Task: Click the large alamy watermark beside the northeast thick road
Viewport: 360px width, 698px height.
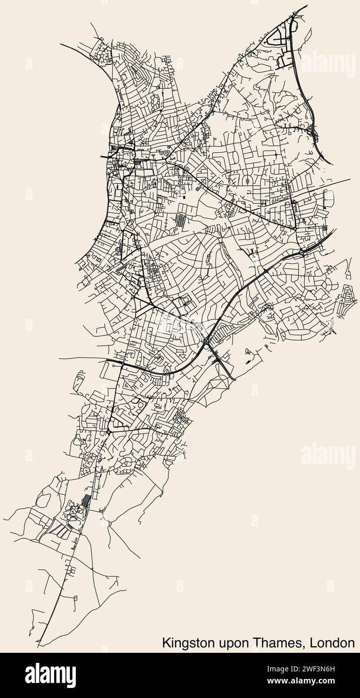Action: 328,65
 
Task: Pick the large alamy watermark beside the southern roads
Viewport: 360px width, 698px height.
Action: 328,455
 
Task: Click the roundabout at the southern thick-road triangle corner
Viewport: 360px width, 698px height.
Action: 109,431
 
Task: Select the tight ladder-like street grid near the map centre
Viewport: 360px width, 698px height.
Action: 179,220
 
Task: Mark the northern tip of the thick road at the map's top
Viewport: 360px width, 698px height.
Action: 306,6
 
